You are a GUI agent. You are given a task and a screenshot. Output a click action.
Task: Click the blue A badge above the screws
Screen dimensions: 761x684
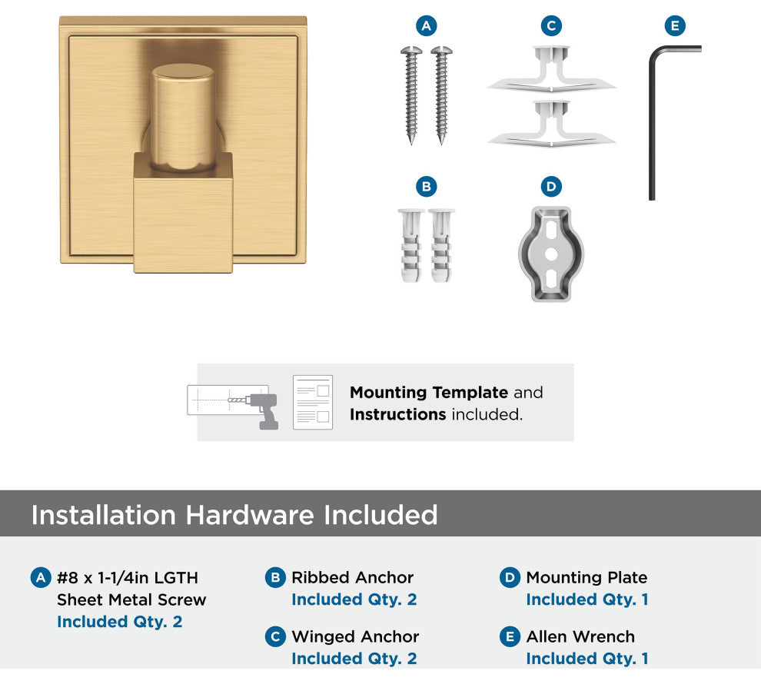(x=426, y=25)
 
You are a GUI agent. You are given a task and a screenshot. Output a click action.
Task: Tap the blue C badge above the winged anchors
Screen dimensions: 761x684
(x=551, y=25)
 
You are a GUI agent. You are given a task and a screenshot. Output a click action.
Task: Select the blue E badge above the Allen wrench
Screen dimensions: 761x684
(x=675, y=25)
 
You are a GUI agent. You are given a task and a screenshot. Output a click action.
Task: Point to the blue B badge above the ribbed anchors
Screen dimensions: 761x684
(x=426, y=187)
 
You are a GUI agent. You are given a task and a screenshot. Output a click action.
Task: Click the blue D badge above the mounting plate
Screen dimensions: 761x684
(x=551, y=187)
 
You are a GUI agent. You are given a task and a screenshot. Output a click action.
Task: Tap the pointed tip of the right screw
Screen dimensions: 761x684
(x=442, y=143)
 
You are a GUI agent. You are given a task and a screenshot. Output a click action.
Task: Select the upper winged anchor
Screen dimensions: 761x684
(x=551, y=69)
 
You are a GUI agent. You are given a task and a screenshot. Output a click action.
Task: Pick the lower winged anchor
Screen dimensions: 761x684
(x=551, y=124)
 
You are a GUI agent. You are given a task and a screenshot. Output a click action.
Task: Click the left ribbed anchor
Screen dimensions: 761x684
(x=410, y=245)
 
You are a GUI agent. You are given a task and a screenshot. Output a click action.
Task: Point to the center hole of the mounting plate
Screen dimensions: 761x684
(x=551, y=254)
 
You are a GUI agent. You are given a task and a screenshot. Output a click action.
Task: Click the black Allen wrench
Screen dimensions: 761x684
(x=653, y=121)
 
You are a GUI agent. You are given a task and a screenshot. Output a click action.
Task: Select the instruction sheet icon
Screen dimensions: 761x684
(x=313, y=402)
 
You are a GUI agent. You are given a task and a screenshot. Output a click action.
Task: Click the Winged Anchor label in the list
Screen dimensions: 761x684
(x=355, y=636)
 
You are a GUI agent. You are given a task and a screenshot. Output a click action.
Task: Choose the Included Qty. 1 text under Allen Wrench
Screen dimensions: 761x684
(x=587, y=659)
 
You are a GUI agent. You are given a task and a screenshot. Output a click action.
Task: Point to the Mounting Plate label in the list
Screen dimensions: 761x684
(x=587, y=578)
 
